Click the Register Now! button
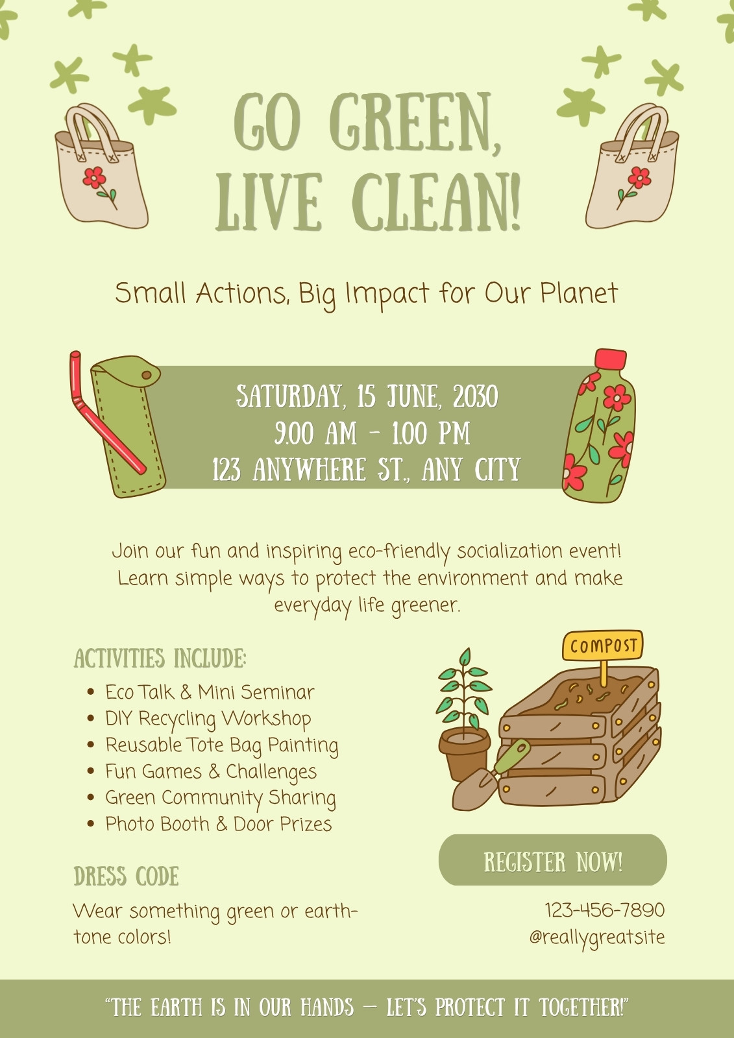click(x=552, y=862)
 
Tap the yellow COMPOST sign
click(x=602, y=645)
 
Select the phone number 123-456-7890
click(x=605, y=910)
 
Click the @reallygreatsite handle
click(x=597, y=936)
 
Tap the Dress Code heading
click(x=126, y=876)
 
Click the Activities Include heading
click(x=160, y=658)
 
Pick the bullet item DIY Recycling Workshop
click(x=208, y=719)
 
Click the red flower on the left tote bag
click(x=94, y=177)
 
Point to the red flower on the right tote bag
click(x=639, y=178)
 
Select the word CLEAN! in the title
click(x=437, y=201)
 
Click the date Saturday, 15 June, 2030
click(x=367, y=396)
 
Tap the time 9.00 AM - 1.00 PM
click(x=372, y=433)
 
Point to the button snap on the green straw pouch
click(x=147, y=374)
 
